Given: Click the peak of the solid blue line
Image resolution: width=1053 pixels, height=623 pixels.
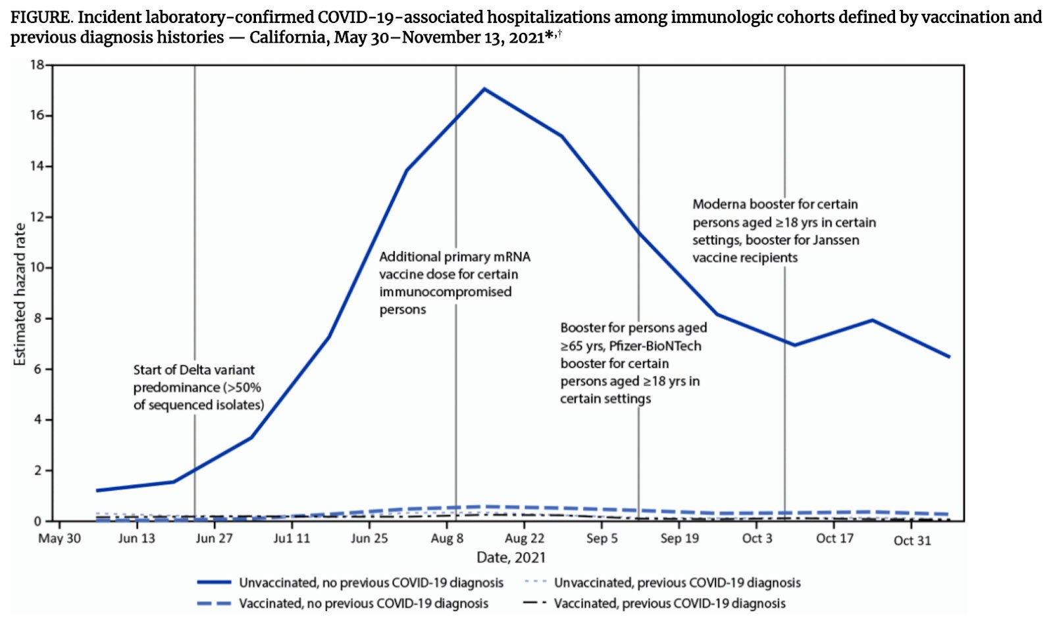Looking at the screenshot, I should click(484, 89).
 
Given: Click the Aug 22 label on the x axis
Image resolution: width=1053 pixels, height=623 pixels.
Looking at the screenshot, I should click(525, 539).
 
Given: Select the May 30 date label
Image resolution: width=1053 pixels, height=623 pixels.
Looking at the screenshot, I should click(59, 539).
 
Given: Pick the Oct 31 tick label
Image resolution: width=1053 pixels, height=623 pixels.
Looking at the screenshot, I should click(912, 540).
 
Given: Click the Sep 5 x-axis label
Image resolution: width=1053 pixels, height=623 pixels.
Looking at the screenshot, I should click(602, 539).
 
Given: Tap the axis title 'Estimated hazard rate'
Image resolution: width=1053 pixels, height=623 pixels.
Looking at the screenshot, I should click(20, 294).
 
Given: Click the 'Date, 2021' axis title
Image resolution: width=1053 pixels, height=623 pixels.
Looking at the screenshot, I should click(511, 558).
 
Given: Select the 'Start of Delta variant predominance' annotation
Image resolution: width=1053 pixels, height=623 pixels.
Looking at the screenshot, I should click(198, 387).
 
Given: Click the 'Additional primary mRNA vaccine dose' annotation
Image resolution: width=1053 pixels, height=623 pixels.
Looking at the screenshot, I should click(454, 283).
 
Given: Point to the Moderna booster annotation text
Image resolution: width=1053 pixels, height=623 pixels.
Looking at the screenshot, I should click(784, 231).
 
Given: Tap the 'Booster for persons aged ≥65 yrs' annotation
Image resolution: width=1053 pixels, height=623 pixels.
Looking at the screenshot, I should click(633, 363).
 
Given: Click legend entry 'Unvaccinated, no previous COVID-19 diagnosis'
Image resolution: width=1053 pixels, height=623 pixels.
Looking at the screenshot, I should click(371, 583).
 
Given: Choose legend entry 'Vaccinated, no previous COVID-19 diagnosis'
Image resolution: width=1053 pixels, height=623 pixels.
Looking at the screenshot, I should click(363, 603).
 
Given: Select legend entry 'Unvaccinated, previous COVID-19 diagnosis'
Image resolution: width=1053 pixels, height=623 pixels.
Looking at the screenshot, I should click(677, 583).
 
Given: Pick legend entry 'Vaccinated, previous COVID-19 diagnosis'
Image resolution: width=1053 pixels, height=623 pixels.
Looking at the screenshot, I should click(669, 603).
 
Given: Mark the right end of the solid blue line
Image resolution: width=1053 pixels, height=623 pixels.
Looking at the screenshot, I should click(949, 357).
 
